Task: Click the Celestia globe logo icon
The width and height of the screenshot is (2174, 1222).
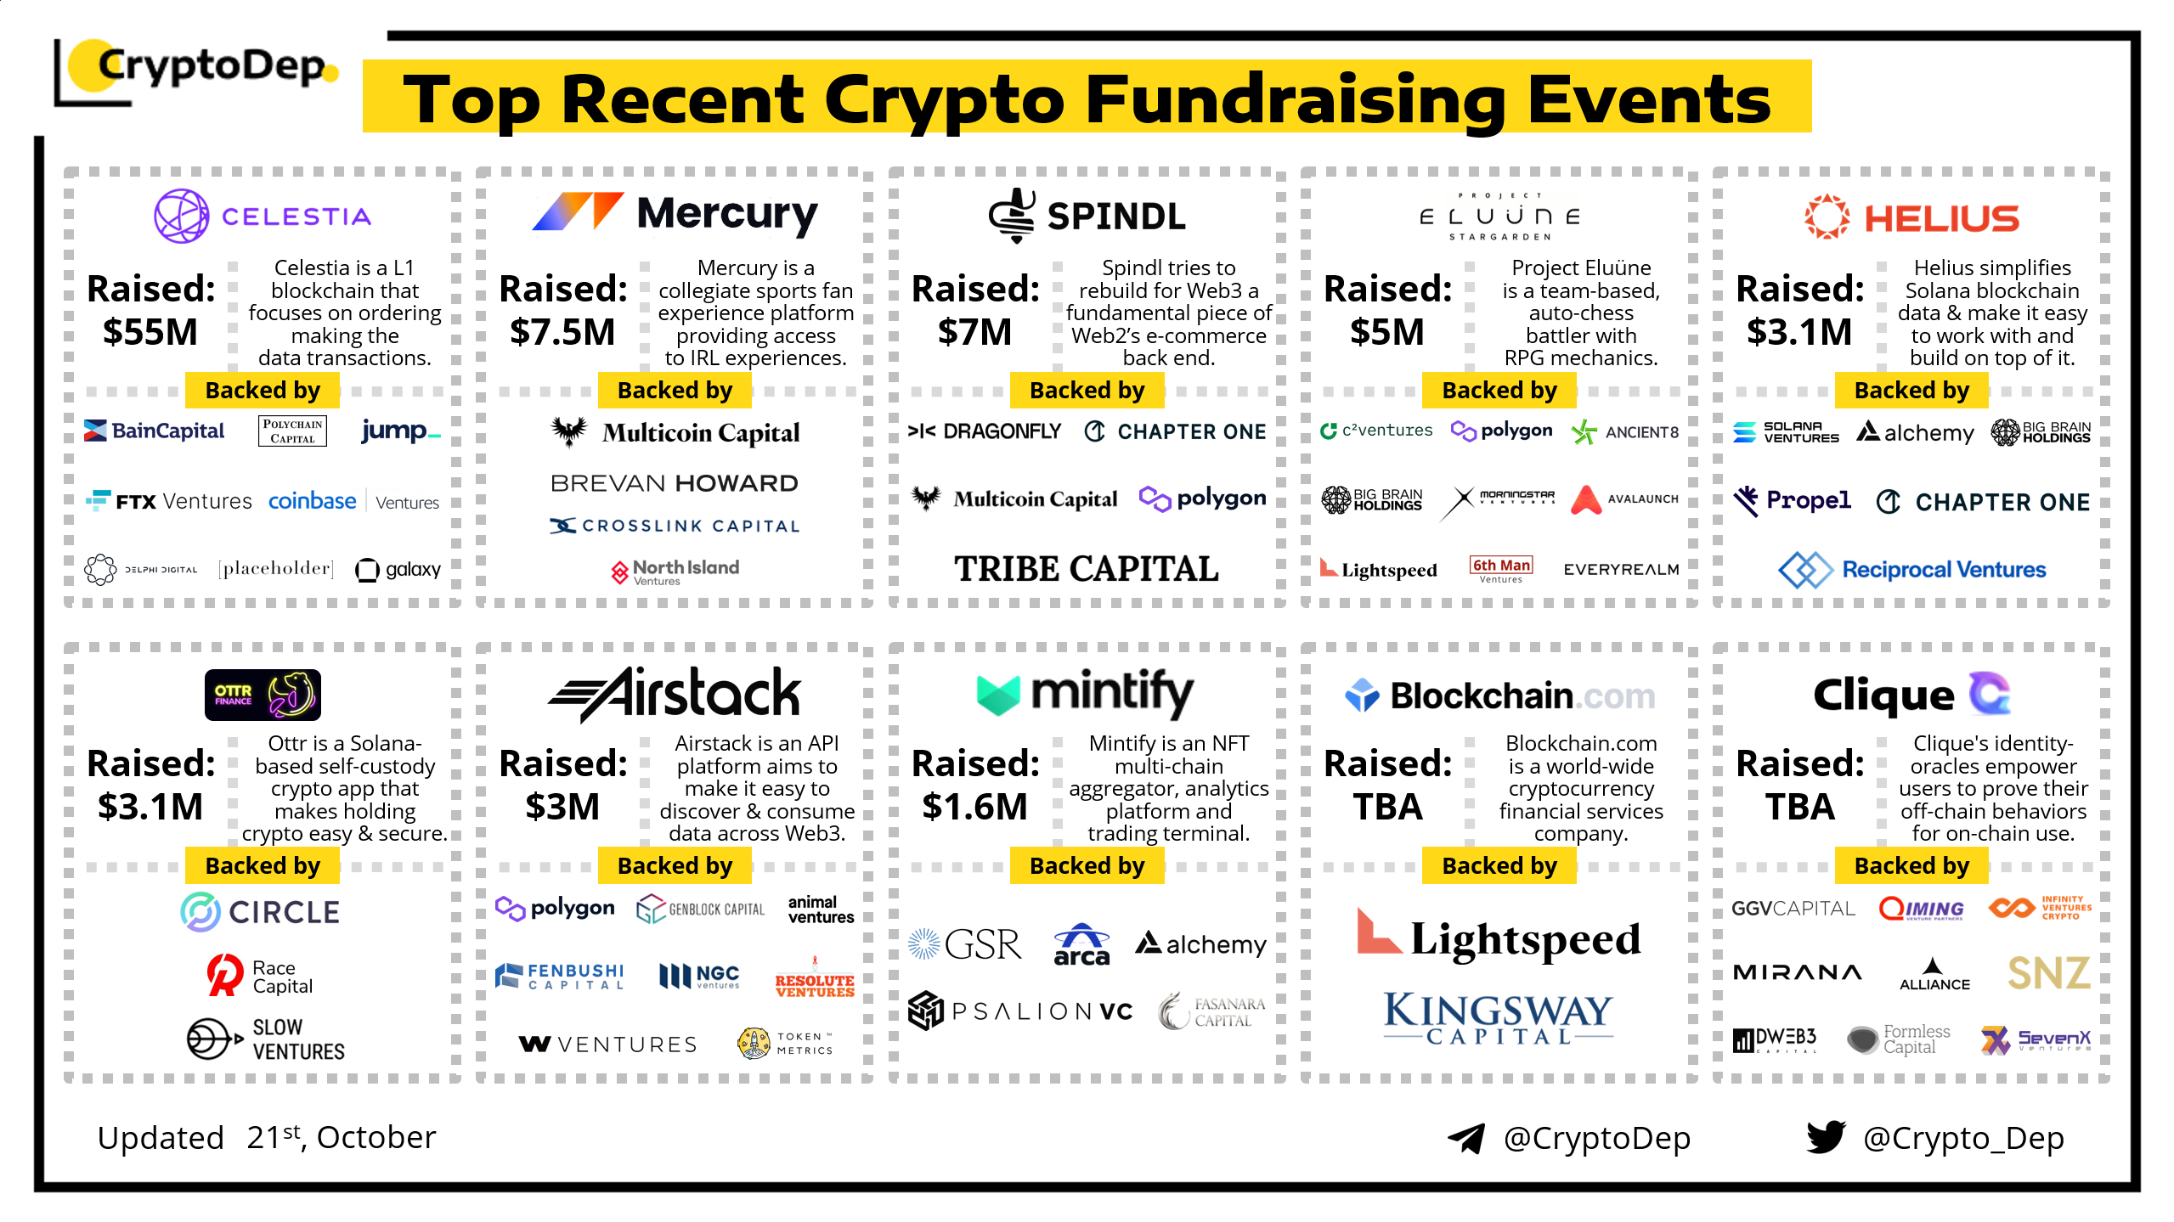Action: pyautogui.click(x=181, y=216)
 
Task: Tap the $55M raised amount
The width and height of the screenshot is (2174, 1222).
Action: pyautogui.click(x=150, y=332)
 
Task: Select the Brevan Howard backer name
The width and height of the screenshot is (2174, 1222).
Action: pyautogui.click(x=675, y=483)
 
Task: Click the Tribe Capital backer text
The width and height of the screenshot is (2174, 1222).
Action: pyautogui.click(x=1086, y=568)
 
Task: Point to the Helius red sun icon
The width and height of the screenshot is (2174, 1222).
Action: pyautogui.click(x=1827, y=217)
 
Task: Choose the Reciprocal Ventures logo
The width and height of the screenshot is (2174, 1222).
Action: pyautogui.click(x=1911, y=569)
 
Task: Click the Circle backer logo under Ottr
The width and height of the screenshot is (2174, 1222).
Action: pyautogui.click(x=260, y=912)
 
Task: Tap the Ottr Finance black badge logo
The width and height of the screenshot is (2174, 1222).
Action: pyautogui.click(x=263, y=695)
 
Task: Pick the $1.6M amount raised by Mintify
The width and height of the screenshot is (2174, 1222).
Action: pyautogui.click(x=974, y=807)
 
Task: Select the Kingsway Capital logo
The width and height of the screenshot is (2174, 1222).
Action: pyautogui.click(x=1498, y=1018)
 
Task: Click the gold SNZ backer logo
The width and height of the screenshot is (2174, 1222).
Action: pyautogui.click(x=2048, y=973)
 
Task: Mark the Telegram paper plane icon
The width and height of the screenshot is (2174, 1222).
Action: pyautogui.click(x=1465, y=1138)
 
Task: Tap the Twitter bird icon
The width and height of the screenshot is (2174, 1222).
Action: pyautogui.click(x=1826, y=1137)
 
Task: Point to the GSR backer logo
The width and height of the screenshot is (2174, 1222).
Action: pyautogui.click(x=964, y=944)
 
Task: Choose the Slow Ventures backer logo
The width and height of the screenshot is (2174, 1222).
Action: pyautogui.click(x=266, y=1039)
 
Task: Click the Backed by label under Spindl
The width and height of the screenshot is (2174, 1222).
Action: pyautogui.click(x=1087, y=391)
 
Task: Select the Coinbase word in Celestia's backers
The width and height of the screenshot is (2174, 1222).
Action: pyautogui.click(x=312, y=501)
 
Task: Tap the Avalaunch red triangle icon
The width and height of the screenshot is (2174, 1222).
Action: pyautogui.click(x=1585, y=499)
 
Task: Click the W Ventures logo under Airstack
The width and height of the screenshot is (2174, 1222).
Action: pyautogui.click(x=607, y=1044)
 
